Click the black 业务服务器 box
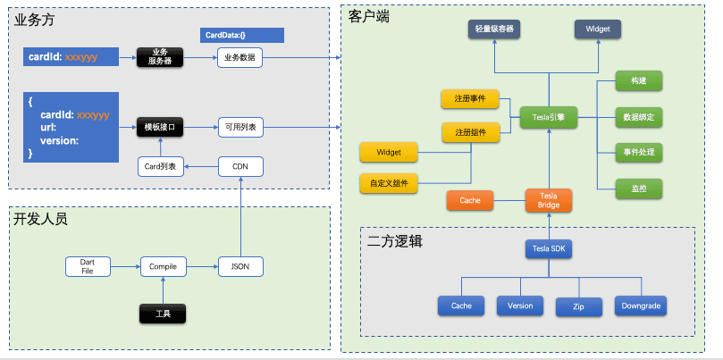click(x=159, y=57)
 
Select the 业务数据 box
click(x=240, y=57)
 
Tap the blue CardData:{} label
click(x=243, y=36)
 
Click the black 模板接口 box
click(x=159, y=128)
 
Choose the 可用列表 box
click(x=240, y=128)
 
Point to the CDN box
click(x=240, y=165)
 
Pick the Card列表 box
click(x=160, y=165)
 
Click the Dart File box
click(x=88, y=265)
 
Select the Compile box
click(x=162, y=265)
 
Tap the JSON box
click(x=240, y=265)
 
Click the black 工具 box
click(x=163, y=314)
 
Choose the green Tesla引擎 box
click(x=549, y=115)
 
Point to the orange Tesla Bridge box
click(x=548, y=200)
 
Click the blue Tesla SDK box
click(x=548, y=248)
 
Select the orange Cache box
click(x=470, y=200)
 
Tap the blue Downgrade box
click(x=641, y=306)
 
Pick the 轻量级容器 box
click(x=493, y=29)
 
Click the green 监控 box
click(x=639, y=188)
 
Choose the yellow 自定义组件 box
click(x=388, y=183)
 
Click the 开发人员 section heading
click(x=41, y=219)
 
